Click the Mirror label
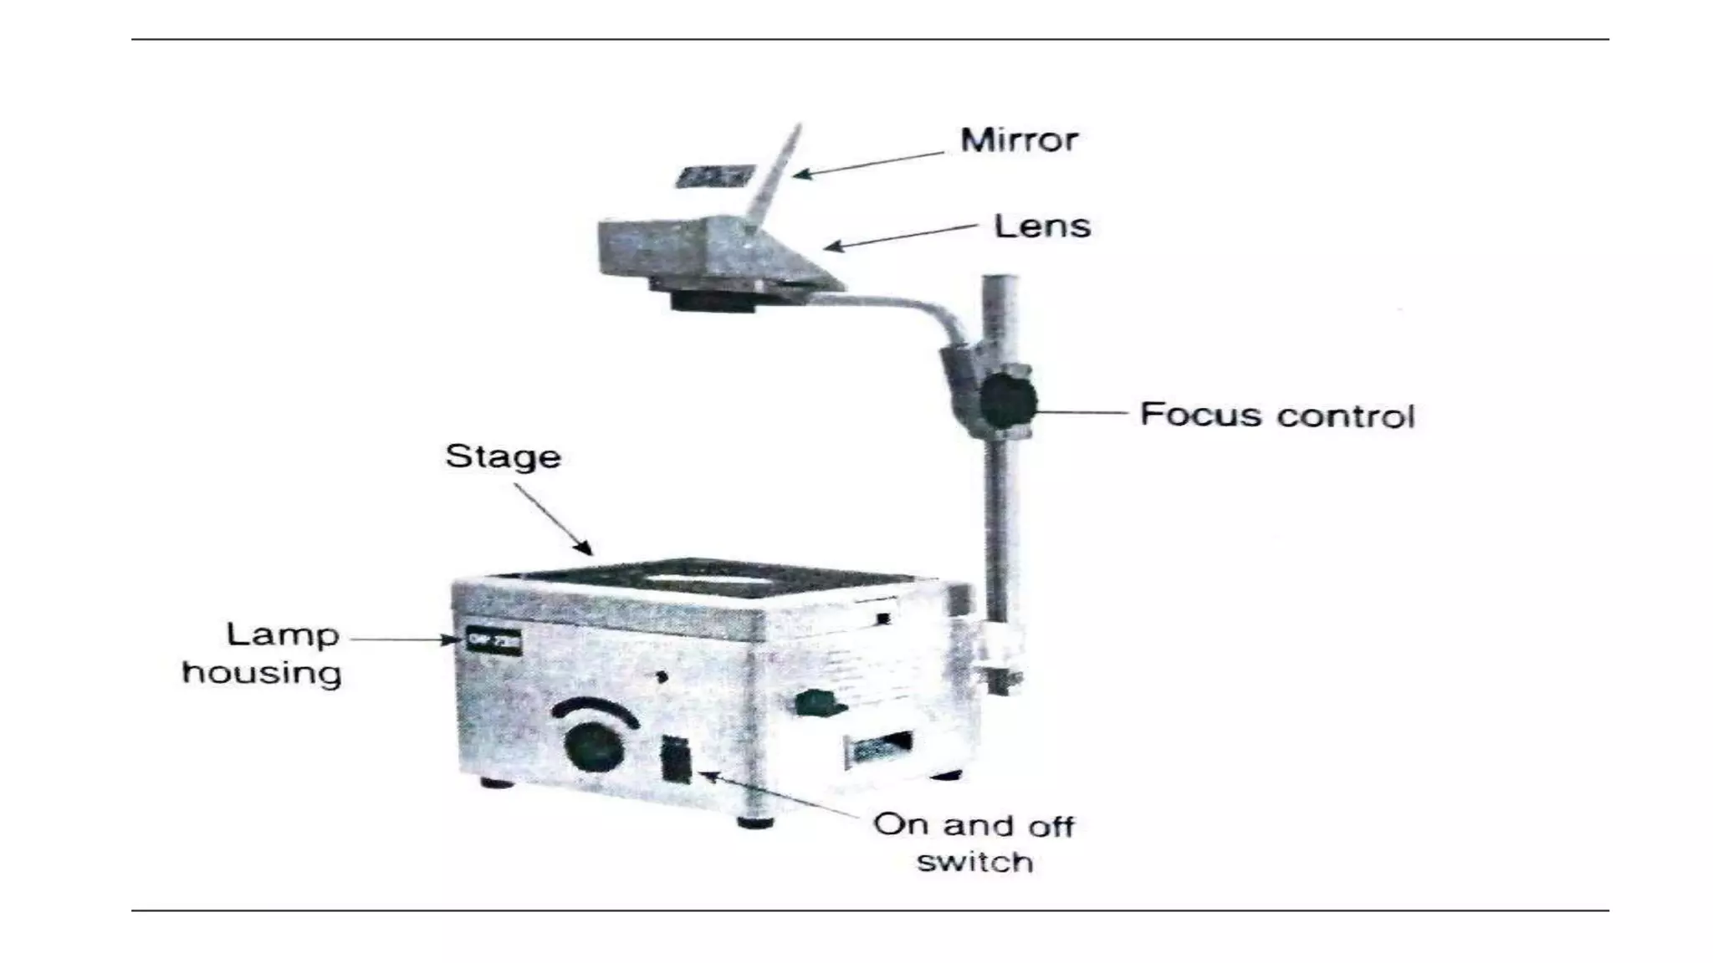(x=1018, y=140)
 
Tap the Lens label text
(x=1042, y=227)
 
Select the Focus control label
(x=1277, y=415)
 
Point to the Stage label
(x=503, y=456)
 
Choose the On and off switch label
(x=974, y=843)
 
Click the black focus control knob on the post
(x=1007, y=402)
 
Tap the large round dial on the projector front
(x=595, y=746)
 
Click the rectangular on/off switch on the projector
(x=676, y=759)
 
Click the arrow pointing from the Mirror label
(x=870, y=164)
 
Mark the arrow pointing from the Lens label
(x=902, y=237)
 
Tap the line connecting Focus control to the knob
(x=1082, y=412)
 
